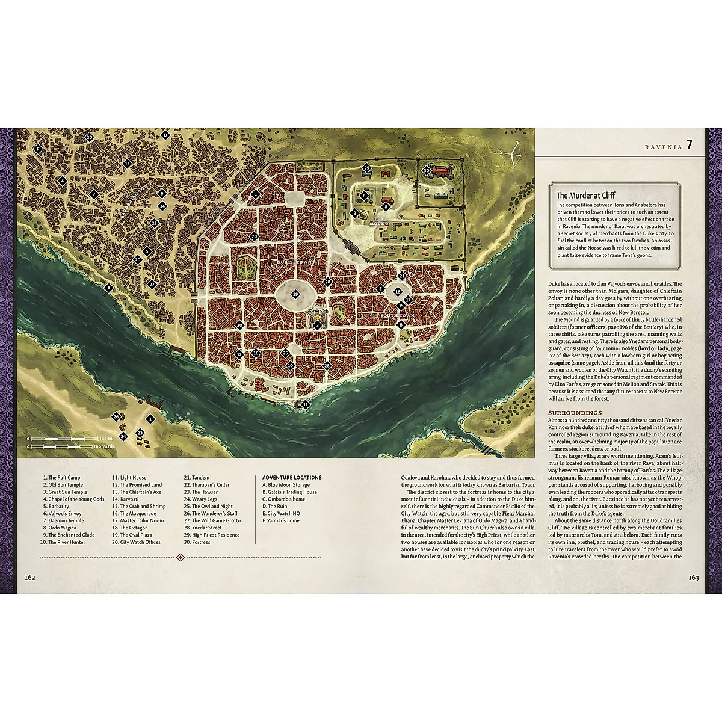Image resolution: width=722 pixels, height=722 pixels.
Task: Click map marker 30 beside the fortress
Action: pyautogui.click(x=426, y=170)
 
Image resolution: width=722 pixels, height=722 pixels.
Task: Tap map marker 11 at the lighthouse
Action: pyautogui.click(x=305, y=405)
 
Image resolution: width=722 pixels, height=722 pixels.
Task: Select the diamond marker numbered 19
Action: pyautogui.click(x=294, y=294)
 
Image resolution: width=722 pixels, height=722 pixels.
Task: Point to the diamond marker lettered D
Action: pyautogui.click(x=165, y=135)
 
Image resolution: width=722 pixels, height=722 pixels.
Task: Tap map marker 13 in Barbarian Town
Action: pyautogui.click(x=127, y=164)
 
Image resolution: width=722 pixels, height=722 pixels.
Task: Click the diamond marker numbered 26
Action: pyautogui.click(x=116, y=416)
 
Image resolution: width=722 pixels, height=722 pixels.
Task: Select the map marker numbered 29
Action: pyautogui.click(x=366, y=168)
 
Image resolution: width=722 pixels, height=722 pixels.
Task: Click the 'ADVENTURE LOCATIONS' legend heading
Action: pyautogui.click(x=292, y=477)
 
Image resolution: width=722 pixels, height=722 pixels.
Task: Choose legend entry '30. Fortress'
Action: pyautogui.click(x=197, y=542)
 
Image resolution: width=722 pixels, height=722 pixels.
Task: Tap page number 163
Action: pyautogui.click(x=693, y=578)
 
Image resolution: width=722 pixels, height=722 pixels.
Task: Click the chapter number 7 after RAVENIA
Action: pyautogui.click(x=690, y=144)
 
